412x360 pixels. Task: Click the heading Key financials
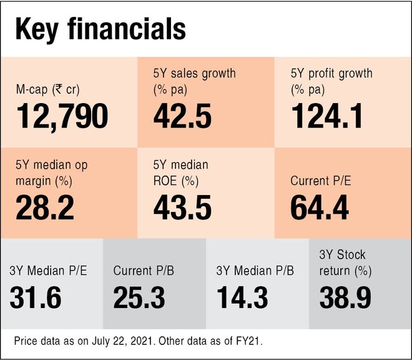click(x=101, y=29)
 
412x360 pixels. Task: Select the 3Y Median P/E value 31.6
click(x=36, y=297)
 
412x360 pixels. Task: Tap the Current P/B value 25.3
click(x=139, y=297)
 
